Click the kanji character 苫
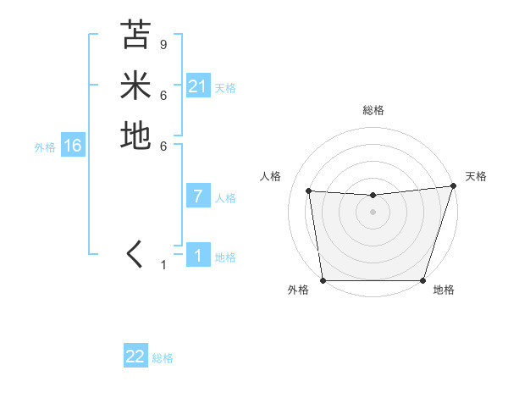tap(135, 36)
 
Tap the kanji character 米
tap(135, 86)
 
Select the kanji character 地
tap(135, 135)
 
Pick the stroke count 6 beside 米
tap(163, 95)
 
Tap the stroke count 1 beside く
tap(164, 265)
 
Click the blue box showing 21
tap(197, 86)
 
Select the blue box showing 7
tap(197, 196)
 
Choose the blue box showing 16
tap(72, 146)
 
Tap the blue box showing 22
tap(135, 357)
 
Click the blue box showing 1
tap(197, 256)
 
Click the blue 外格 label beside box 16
tap(45, 146)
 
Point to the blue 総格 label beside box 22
tap(163, 358)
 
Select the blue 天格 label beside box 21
tap(225, 87)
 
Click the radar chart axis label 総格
tap(373, 110)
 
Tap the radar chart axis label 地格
tap(444, 290)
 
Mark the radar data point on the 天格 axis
tap(452, 186)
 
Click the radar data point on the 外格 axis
tap(323, 280)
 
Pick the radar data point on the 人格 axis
tap(309, 191)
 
